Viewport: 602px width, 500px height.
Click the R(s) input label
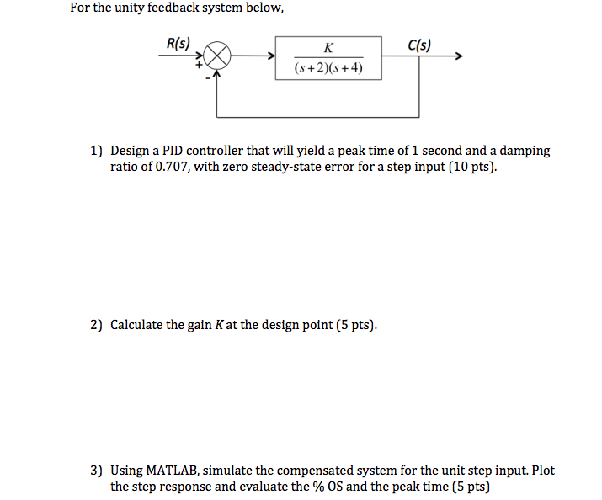(178, 44)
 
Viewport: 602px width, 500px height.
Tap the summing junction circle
(217, 57)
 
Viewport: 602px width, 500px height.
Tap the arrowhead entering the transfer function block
(271, 57)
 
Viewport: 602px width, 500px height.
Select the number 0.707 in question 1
(165, 167)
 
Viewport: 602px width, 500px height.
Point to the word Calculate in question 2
(137, 325)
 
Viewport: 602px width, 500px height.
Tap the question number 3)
(97, 471)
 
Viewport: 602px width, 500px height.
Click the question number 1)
(97, 151)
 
